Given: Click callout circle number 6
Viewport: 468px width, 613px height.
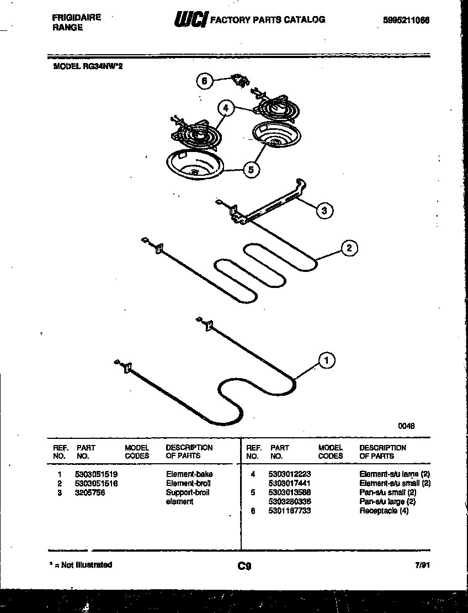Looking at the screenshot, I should click(x=204, y=81).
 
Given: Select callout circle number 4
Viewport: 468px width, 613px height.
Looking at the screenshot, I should click(x=225, y=108).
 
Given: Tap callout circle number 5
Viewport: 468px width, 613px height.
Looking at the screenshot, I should click(x=251, y=170).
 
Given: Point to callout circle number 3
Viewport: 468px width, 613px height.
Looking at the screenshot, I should click(x=325, y=210).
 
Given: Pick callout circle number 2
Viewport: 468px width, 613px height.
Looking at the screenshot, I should click(x=349, y=248).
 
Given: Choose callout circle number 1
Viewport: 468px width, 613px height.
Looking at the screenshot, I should click(x=327, y=361).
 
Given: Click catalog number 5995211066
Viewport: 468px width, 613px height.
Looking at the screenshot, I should click(x=406, y=20).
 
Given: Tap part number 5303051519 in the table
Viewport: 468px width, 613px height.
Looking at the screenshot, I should click(x=96, y=474).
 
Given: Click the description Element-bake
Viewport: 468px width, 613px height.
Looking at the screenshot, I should click(x=189, y=474).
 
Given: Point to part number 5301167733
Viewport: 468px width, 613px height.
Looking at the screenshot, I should click(x=289, y=511).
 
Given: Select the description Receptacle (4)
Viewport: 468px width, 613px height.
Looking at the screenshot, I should click(x=384, y=511).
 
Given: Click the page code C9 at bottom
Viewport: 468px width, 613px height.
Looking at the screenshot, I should click(x=244, y=566).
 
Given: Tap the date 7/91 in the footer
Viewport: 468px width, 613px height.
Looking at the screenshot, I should click(x=422, y=565).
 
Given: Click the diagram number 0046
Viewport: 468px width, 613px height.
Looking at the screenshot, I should click(x=406, y=426).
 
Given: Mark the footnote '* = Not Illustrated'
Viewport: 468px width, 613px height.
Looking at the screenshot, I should click(x=81, y=565).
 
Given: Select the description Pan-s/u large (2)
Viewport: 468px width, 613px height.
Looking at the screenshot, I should click(x=387, y=501).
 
